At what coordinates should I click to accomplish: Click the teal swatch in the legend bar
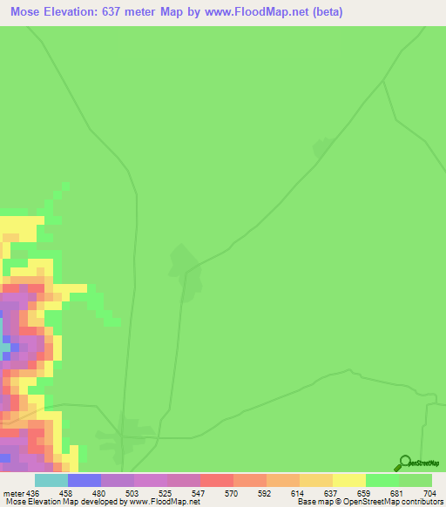pos(51,480)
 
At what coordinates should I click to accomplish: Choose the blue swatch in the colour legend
pos(84,480)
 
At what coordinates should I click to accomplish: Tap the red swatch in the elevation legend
pos(217,480)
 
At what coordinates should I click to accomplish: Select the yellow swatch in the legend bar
pos(349,480)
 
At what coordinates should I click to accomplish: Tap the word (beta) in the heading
pos(328,12)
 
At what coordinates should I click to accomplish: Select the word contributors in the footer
pos(422,502)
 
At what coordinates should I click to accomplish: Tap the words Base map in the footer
pos(314,502)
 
